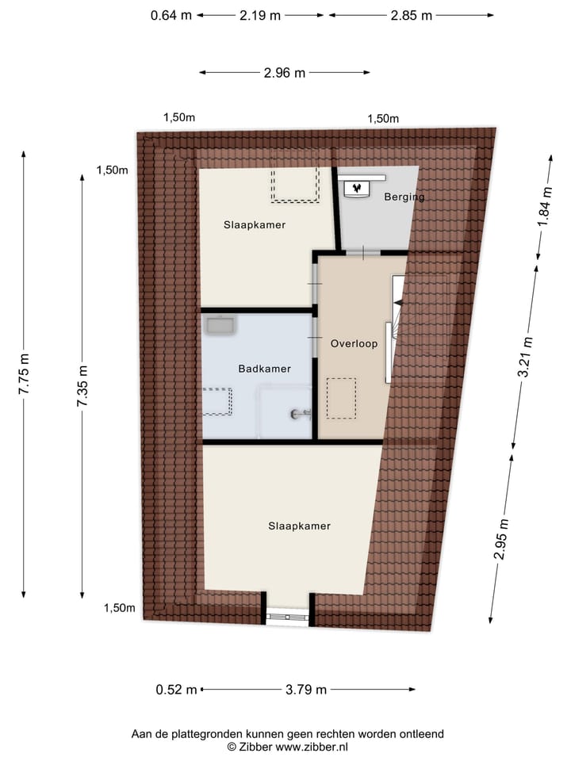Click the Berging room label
click(x=404, y=197)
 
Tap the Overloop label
click(x=354, y=344)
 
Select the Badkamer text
click(x=264, y=369)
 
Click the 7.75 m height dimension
click(x=25, y=373)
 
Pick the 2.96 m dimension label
click(x=285, y=73)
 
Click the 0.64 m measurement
click(x=171, y=15)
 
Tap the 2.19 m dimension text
click(x=260, y=15)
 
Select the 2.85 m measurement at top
click(x=411, y=15)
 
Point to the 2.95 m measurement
click(x=500, y=539)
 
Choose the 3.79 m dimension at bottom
click(x=306, y=690)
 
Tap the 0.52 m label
click(x=176, y=690)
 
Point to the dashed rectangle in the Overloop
click(x=341, y=398)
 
